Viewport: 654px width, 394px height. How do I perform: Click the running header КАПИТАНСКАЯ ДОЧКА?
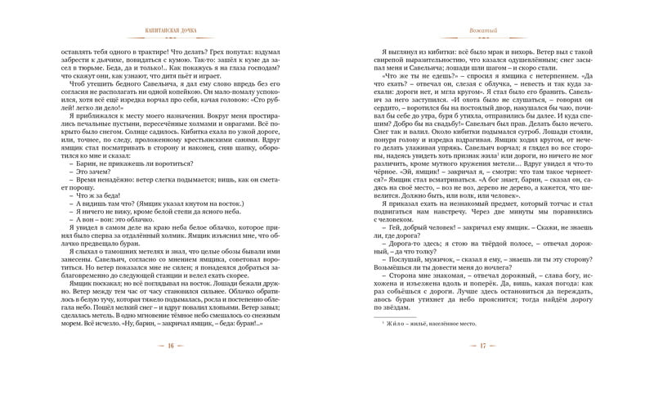pyautogui.click(x=168, y=29)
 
